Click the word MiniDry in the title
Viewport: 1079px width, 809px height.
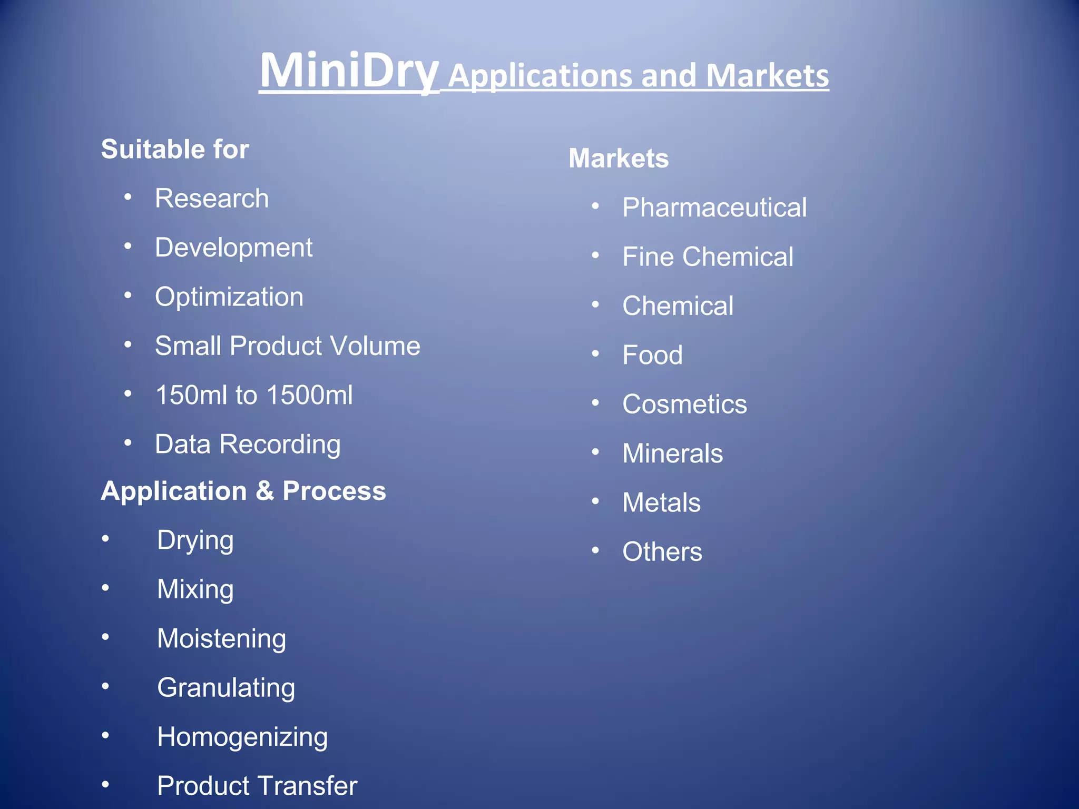(x=349, y=72)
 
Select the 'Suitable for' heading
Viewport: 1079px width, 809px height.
(x=175, y=149)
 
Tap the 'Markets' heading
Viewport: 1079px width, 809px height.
(x=619, y=159)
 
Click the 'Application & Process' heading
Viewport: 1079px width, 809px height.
(x=243, y=491)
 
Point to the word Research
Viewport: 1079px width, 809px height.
(x=212, y=199)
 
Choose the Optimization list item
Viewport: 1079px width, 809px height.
(x=229, y=297)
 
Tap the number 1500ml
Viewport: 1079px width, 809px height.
(x=309, y=395)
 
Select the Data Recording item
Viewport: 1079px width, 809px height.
(x=248, y=445)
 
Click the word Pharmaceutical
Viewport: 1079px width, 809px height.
(x=714, y=208)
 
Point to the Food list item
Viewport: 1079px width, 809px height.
(x=652, y=355)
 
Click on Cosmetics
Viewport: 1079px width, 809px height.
(x=684, y=404)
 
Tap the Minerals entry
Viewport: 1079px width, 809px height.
(x=672, y=453)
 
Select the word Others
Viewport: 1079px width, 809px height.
(x=662, y=552)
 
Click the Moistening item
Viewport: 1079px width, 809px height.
(x=221, y=638)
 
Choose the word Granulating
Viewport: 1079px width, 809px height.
(x=226, y=688)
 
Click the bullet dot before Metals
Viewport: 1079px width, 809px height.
(x=595, y=501)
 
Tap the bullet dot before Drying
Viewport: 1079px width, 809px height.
(x=106, y=539)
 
